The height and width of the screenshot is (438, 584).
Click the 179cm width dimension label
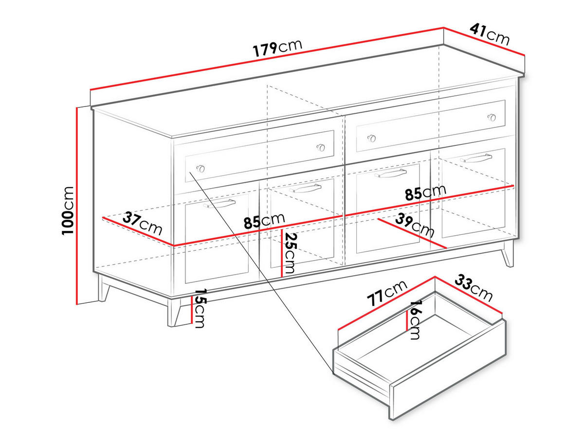pos(277,47)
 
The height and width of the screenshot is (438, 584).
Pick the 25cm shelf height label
pos(291,253)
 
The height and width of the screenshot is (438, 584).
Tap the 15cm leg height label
pos(200,309)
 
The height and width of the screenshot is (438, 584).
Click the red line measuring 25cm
pos(282,253)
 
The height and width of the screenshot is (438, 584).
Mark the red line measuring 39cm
pos(412,234)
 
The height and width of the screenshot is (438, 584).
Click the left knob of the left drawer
pos(200,168)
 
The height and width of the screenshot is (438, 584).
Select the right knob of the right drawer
pos(492,117)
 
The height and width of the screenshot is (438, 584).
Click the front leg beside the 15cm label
pos(173,312)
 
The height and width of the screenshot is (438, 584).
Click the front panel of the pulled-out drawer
pos(448,369)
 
